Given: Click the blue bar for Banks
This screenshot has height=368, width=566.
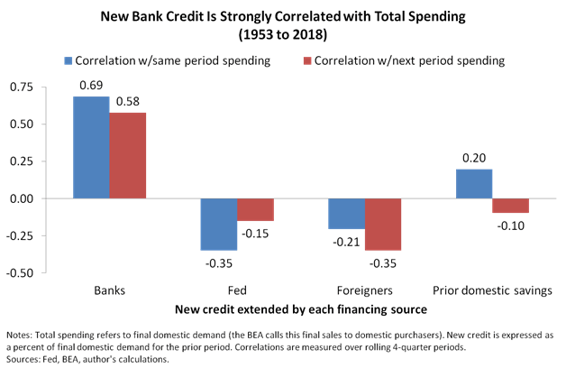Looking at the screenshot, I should [91, 147].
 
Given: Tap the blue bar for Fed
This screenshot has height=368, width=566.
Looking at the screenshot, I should [218, 224].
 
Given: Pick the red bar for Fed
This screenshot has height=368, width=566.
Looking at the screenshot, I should [255, 209].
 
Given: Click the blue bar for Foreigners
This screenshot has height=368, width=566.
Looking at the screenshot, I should [346, 214].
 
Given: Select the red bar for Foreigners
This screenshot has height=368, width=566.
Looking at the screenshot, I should [383, 224].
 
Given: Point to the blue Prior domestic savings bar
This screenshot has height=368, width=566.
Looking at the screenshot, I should [474, 183].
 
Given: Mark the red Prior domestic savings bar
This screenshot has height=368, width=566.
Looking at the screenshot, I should [511, 206].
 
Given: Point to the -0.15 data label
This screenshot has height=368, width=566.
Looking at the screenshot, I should [255, 233].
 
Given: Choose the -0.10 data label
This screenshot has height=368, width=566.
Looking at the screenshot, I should [511, 225].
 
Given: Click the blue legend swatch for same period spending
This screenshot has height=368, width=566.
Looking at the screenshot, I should [68, 60].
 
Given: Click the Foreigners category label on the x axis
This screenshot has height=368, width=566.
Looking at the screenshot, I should [364, 291].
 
